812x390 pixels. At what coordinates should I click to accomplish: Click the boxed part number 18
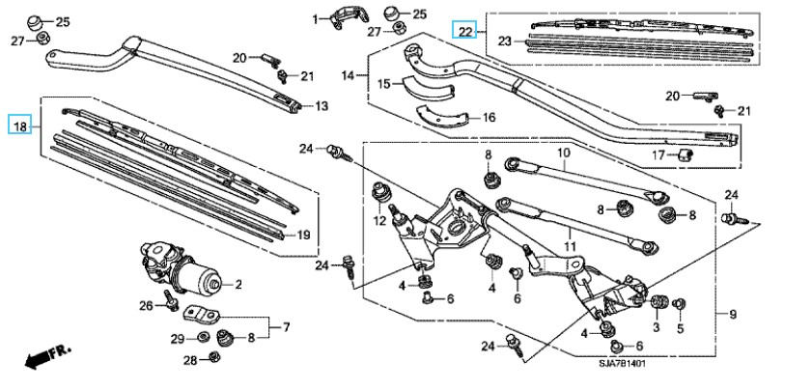(19, 125)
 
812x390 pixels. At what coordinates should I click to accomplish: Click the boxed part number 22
(465, 32)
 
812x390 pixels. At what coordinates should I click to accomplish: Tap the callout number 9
(733, 315)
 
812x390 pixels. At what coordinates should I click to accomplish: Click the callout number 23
(504, 41)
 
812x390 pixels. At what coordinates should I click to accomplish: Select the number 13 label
(322, 105)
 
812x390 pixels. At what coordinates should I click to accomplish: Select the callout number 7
(286, 328)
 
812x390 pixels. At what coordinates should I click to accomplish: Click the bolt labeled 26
(169, 300)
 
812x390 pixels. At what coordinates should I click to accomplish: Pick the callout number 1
(315, 18)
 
